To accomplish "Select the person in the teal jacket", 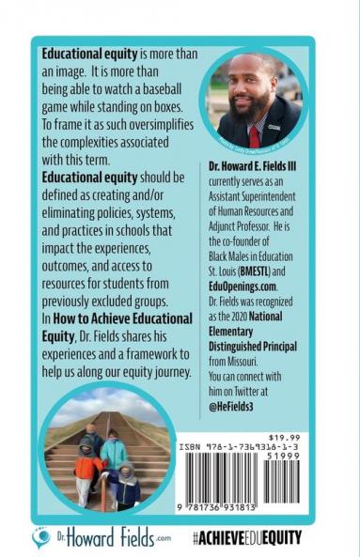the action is [x=114, y=453].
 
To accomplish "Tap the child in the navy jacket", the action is [x=123, y=486].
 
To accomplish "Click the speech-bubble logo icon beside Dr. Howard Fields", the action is [x=42, y=535].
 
